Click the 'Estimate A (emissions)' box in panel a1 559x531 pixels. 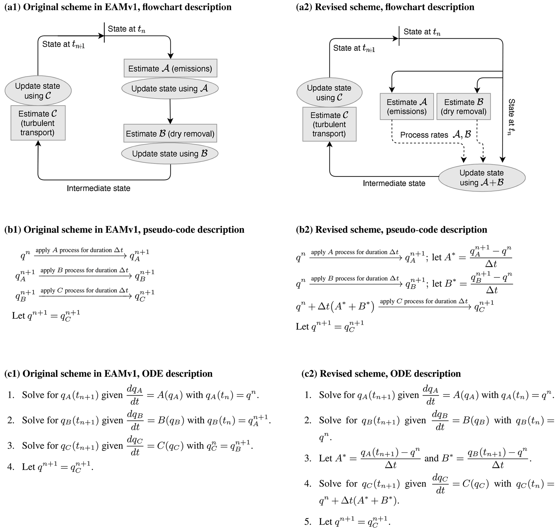pyautogui.click(x=170, y=68)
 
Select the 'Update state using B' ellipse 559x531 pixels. pyautogui.click(x=170, y=153)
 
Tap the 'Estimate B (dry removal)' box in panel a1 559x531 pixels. pyautogui.click(x=170, y=133)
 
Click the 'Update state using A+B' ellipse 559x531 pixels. pyautogui.click(x=481, y=178)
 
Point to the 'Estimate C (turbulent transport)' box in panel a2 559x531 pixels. pyautogui.click(x=329, y=124)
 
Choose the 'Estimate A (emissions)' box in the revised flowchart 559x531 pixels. pyautogui.click(x=406, y=106)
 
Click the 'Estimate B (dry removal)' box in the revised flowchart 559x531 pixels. pyautogui.click(x=463, y=106)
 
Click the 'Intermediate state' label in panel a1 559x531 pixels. pyautogui.click(x=98, y=188)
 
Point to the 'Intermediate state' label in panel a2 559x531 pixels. pyautogui.click(x=394, y=183)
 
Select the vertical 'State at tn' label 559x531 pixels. pyautogui.click(x=511, y=117)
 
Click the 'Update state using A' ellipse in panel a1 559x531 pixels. pyautogui.click(x=170, y=88)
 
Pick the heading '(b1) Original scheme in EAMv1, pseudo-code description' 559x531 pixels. pyautogui.click(x=124, y=230)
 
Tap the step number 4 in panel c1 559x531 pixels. pyautogui.click(x=11, y=467)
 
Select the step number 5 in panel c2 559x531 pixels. pyautogui.click(x=308, y=521)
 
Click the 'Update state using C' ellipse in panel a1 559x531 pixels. pyautogui.click(x=38, y=91)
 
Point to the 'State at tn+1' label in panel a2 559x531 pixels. pyautogui.click(x=354, y=48)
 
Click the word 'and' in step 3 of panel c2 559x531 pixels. pyautogui.click(x=431, y=458)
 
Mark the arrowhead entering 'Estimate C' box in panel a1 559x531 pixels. pyautogui.click(x=38, y=143)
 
